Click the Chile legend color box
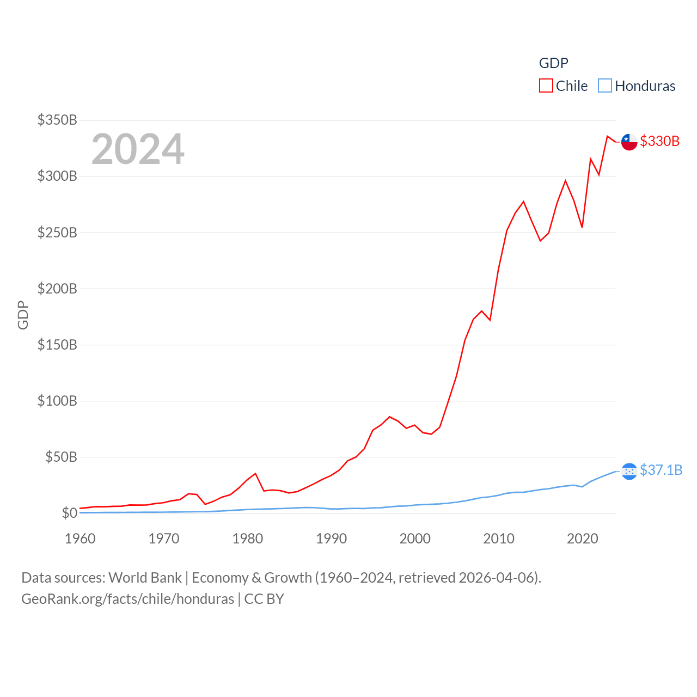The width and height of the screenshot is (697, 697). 546,86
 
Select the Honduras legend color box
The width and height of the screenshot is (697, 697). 605,86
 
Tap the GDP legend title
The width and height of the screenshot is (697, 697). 553,63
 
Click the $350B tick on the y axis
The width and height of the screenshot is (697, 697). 57,120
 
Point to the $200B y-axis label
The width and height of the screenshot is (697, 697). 57,289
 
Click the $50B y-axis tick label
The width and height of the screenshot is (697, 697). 61,457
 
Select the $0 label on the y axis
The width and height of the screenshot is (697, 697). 69,513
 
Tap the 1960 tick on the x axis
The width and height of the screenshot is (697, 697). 80,539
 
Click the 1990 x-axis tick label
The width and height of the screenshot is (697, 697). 331,539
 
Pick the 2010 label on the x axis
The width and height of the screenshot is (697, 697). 499,539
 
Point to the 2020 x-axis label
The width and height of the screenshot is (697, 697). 583,539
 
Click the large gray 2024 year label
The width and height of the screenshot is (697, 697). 138,149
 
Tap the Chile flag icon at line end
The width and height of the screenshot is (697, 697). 629,142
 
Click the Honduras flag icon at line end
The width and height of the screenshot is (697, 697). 629,471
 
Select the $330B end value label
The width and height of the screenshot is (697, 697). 660,141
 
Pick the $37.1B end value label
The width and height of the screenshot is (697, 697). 661,470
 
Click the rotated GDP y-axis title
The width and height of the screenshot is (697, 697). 23,315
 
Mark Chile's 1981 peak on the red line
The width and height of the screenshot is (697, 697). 255,474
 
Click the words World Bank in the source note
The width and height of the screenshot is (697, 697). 145,577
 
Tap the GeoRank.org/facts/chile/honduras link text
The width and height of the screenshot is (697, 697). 128,599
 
